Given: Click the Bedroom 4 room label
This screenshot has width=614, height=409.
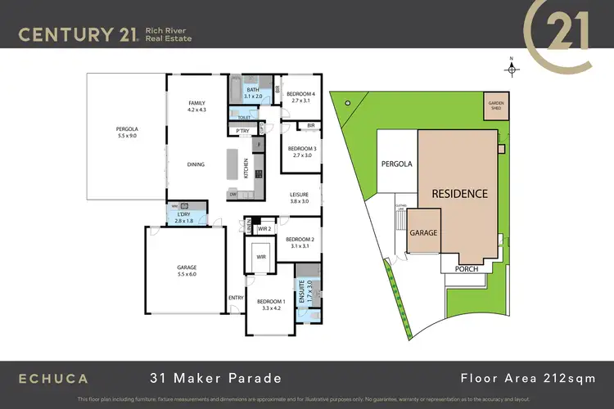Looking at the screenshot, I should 299,97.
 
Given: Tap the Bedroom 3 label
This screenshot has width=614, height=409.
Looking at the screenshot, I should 299,151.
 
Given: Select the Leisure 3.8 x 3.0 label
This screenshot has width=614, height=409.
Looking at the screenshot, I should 299,197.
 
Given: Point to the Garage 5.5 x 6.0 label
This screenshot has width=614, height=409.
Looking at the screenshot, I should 187,271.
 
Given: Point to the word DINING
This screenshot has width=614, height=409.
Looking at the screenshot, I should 196,164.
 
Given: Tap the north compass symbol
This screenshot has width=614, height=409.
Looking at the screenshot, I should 512,69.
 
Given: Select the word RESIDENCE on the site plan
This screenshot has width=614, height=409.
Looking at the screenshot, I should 460,194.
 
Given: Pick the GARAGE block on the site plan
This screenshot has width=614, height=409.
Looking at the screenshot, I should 424,232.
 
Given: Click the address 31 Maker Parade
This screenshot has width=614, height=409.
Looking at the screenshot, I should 215,378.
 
